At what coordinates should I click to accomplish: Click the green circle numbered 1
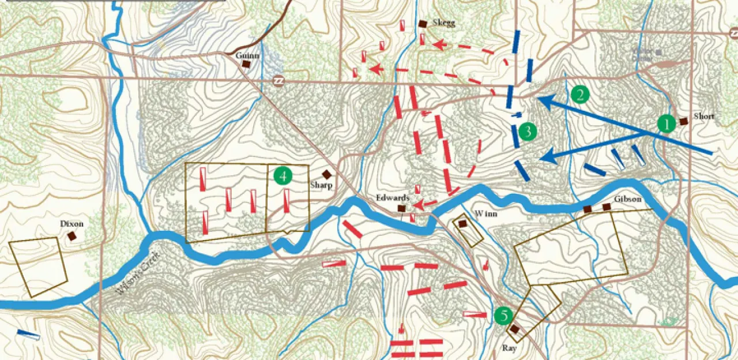click(x=667, y=123)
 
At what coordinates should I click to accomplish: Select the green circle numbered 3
click(x=527, y=131)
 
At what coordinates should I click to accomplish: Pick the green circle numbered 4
click(x=283, y=175)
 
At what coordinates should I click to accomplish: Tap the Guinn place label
click(x=248, y=55)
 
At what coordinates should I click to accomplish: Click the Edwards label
click(x=393, y=198)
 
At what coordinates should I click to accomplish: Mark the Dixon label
click(x=71, y=224)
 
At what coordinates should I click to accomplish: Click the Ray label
click(x=509, y=348)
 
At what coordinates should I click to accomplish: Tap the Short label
click(x=704, y=117)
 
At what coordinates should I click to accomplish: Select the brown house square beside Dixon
click(x=72, y=236)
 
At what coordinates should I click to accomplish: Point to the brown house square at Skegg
click(x=423, y=24)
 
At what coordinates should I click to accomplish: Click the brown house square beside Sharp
click(x=326, y=174)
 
